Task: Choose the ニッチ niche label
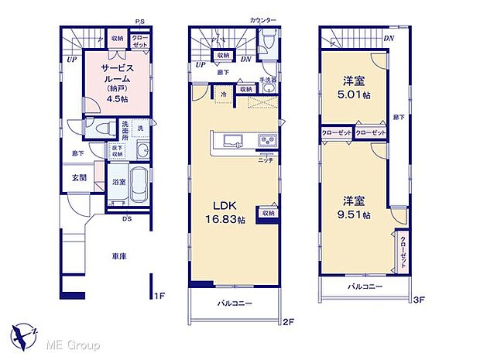point(265,160)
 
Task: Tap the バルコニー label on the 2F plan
point(235,303)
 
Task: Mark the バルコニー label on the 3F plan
point(362,287)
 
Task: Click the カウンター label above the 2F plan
point(262,19)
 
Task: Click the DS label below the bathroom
point(126,219)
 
